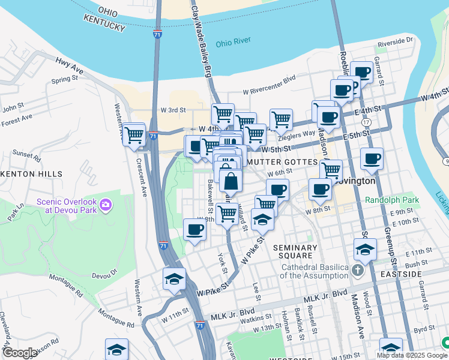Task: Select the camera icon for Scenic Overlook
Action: tap(106, 206)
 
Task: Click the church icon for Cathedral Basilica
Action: tap(358, 270)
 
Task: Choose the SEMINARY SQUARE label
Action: tap(295, 252)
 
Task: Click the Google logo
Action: tap(19, 353)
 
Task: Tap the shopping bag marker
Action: tap(231, 180)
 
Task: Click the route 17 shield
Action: tap(366, 122)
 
